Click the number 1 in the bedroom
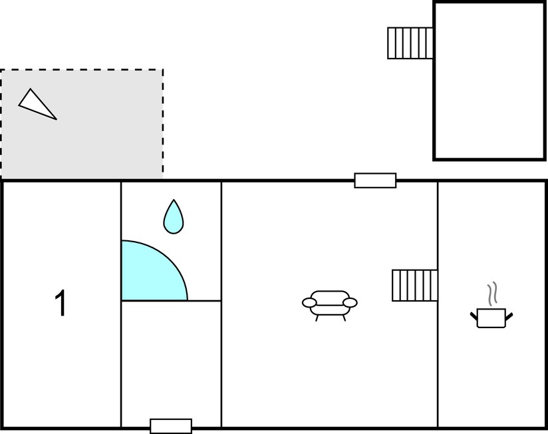61,303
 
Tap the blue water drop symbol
174,217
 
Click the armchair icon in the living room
330,306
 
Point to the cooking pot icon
491,318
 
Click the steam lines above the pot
492,293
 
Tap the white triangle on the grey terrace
37,105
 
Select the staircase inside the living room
414,286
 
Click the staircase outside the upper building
410,43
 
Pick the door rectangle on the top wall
375,180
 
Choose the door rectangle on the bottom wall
171,426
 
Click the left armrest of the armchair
309,302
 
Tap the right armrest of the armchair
350,302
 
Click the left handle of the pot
474,316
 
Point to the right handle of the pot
509,316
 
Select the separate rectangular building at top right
489,81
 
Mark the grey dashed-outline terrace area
82,124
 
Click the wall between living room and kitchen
438,304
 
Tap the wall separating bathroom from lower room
172,300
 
